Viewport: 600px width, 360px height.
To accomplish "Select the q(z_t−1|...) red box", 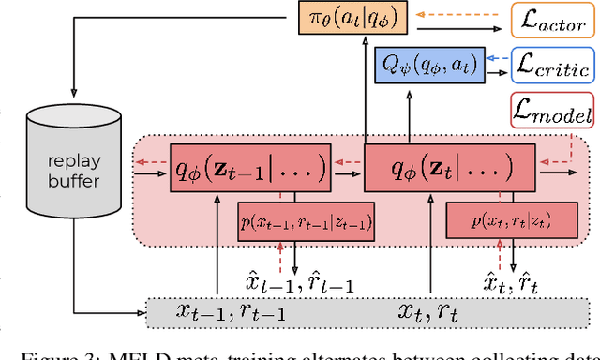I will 248,170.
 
